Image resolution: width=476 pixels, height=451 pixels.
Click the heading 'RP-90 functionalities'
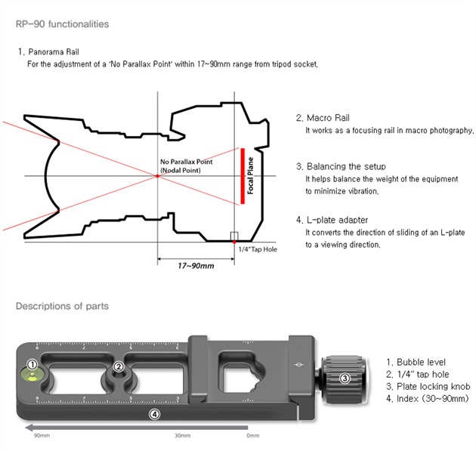pos(62,24)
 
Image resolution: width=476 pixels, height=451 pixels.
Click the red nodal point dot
pos(157,175)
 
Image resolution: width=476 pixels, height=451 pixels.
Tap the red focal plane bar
pos(243,176)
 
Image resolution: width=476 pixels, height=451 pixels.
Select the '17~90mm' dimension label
pos(196,266)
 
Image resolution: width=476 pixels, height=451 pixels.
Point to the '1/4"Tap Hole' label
pos(258,249)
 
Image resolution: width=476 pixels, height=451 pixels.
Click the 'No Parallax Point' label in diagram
pos(186,162)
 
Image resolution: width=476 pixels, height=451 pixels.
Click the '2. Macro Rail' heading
pos(323,118)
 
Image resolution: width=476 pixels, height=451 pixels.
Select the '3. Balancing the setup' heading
pos(341,166)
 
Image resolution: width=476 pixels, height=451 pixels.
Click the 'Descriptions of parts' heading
pos(62,306)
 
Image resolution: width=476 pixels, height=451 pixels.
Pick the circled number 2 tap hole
pos(119,367)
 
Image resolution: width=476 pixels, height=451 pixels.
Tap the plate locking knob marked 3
pos(345,378)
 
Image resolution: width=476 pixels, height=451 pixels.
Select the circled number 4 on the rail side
pos(155,413)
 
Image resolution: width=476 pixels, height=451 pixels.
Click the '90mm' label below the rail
pos(42,436)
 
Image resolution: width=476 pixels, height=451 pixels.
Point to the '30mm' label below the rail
pos(182,436)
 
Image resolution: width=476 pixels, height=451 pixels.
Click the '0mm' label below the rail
pos(253,436)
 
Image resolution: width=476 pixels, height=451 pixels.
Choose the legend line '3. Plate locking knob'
pos(428,386)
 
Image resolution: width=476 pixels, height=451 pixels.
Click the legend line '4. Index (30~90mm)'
pos(426,398)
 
